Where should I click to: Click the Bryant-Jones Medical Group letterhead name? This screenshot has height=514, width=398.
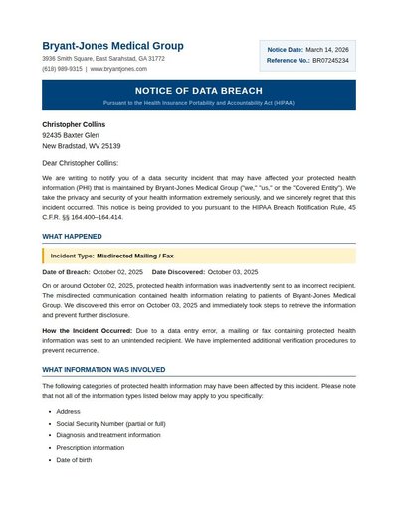(x=112, y=46)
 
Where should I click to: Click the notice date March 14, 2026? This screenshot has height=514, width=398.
(x=327, y=49)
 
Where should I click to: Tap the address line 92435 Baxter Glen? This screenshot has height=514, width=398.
(x=70, y=135)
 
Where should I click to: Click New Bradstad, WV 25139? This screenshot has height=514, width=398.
(x=81, y=146)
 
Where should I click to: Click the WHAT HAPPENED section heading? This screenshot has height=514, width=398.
(x=72, y=236)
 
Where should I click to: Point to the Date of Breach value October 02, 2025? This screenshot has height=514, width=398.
(x=117, y=271)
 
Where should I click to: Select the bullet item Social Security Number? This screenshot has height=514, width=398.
(x=110, y=423)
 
